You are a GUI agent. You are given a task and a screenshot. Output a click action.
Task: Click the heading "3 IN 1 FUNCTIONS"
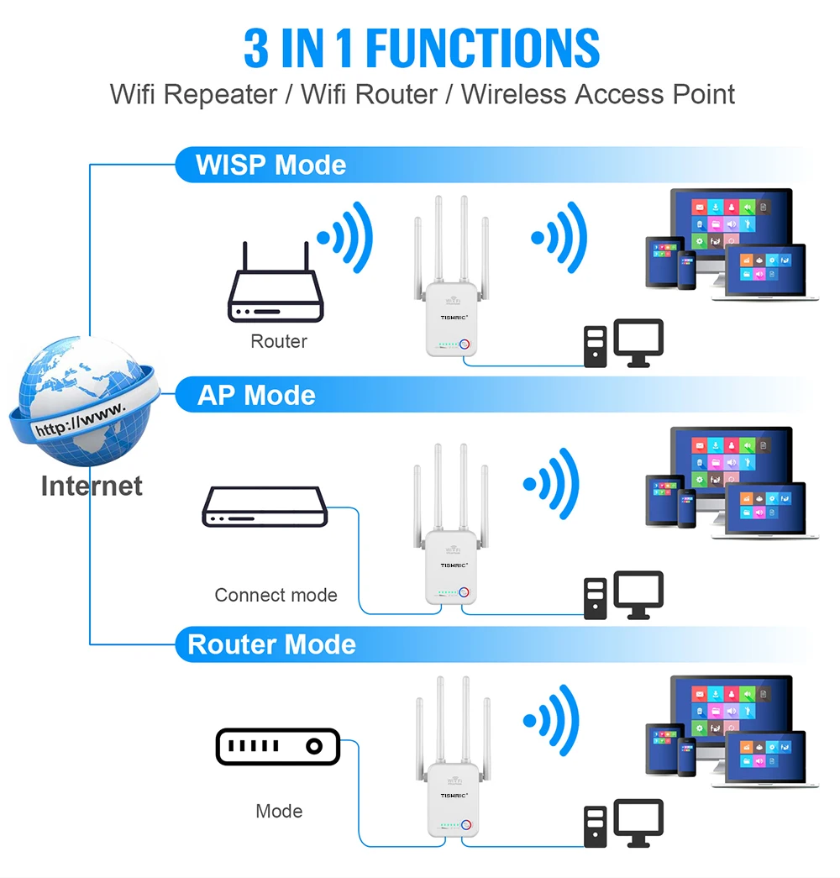click(x=422, y=48)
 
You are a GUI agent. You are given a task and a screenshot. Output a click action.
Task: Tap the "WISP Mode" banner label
click(x=270, y=165)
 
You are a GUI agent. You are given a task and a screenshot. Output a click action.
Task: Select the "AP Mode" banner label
click(x=256, y=395)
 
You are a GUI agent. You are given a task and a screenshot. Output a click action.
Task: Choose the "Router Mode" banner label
click(x=271, y=644)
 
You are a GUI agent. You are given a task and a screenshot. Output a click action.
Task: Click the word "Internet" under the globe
click(x=92, y=486)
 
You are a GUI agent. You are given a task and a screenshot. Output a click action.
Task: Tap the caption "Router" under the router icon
click(x=279, y=341)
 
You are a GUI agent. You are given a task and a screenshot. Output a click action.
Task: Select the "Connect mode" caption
click(x=276, y=595)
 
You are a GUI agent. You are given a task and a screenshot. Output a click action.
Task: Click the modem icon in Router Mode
click(x=278, y=746)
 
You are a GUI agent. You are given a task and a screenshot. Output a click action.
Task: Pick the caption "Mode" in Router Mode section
click(x=279, y=811)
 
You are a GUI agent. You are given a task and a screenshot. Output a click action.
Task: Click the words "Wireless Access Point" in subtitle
click(x=598, y=94)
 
